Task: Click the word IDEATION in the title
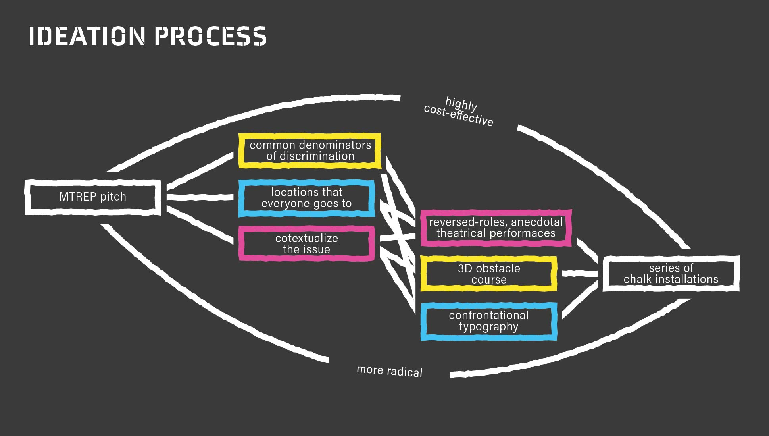coord(87,36)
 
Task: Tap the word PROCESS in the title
coord(210,36)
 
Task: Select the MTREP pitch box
coord(93,197)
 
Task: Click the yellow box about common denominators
coord(310,150)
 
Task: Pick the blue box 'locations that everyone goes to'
coord(306,198)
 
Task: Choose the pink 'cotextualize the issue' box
coord(306,244)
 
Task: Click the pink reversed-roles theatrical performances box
coord(496,228)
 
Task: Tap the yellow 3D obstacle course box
coord(488,274)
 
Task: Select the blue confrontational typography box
coord(488,321)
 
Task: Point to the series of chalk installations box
coord(671,274)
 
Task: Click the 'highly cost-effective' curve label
coord(459,112)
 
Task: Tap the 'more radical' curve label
coord(389,371)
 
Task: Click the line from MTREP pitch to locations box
coord(200,197)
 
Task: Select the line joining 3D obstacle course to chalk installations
coord(580,273)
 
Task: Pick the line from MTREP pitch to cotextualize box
coord(200,224)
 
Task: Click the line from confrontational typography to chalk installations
coord(580,301)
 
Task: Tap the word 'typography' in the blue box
coord(488,326)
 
